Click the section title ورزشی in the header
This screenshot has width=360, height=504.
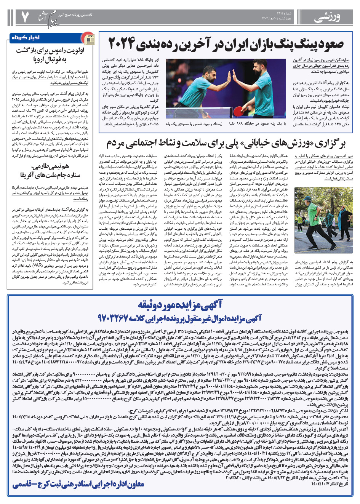327,17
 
